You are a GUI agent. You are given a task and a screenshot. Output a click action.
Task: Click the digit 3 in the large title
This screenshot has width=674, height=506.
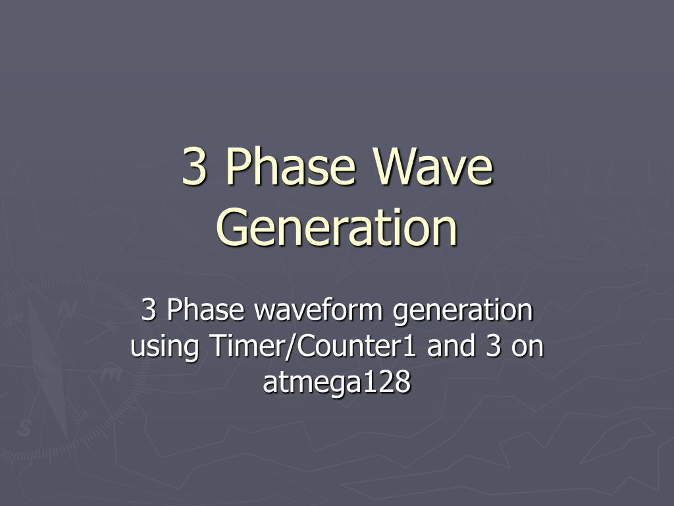(x=194, y=166)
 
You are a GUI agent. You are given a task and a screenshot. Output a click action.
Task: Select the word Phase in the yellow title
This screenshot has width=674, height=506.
(x=291, y=165)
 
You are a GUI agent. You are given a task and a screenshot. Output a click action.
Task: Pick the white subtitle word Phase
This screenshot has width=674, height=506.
(x=206, y=310)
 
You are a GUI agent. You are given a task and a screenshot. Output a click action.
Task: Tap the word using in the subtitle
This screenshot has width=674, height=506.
(x=165, y=347)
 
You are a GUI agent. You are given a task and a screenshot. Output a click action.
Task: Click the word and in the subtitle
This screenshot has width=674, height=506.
(x=451, y=345)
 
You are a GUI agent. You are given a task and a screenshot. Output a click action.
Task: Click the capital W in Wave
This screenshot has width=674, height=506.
(x=396, y=166)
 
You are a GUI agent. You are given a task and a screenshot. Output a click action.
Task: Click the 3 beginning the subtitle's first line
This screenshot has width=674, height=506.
(x=148, y=310)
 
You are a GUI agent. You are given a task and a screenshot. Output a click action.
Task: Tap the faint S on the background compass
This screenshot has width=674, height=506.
(x=24, y=428)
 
